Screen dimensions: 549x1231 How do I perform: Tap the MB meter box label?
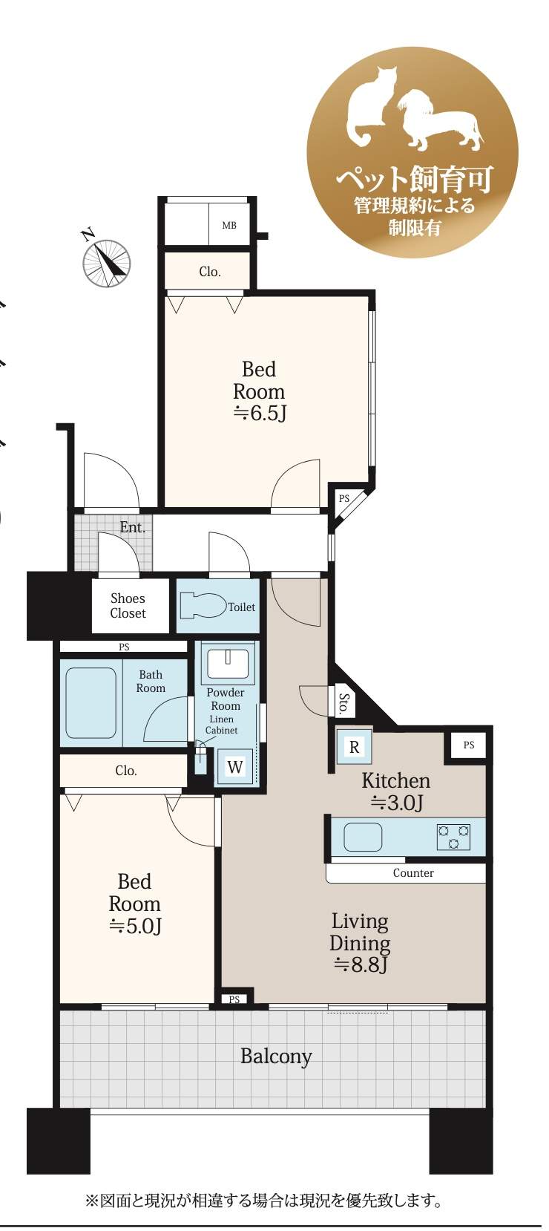pyautogui.click(x=229, y=225)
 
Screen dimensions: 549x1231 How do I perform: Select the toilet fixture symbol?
pyautogui.click(x=203, y=606)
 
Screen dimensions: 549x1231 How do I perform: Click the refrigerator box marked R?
pyautogui.click(x=354, y=746)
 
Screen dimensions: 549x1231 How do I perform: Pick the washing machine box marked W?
pyautogui.click(x=235, y=767)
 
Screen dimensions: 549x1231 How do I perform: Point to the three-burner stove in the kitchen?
pyautogui.click(x=453, y=837)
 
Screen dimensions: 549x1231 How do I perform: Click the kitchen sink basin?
pyautogui.click(x=363, y=837)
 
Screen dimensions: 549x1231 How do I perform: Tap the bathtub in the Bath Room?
pyautogui.click(x=91, y=703)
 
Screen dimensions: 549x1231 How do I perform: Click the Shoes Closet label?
pyautogui.click(x=128, y=606)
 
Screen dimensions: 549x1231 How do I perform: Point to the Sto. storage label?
pyautogui.click(x=343, y=703)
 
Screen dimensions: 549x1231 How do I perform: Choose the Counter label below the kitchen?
pyautogui.click(x=413, y=872)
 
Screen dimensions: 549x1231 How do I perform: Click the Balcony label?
pyautogui.click(x=276, y=1057)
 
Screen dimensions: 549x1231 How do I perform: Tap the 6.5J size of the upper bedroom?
pyautogui.click(x=260, y=414)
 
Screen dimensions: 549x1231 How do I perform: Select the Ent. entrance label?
pyautogui.click(x=133, y=528)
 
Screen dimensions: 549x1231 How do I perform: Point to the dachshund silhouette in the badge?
pyautogui.click(x=441, y=121)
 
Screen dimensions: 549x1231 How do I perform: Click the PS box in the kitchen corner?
pyautogui.click(x=468, y=745)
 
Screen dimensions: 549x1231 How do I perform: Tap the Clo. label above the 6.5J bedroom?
pyautogui.click(x=210, y=272)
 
